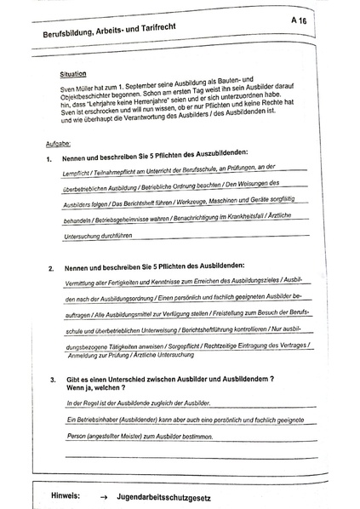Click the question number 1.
(50, 159)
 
